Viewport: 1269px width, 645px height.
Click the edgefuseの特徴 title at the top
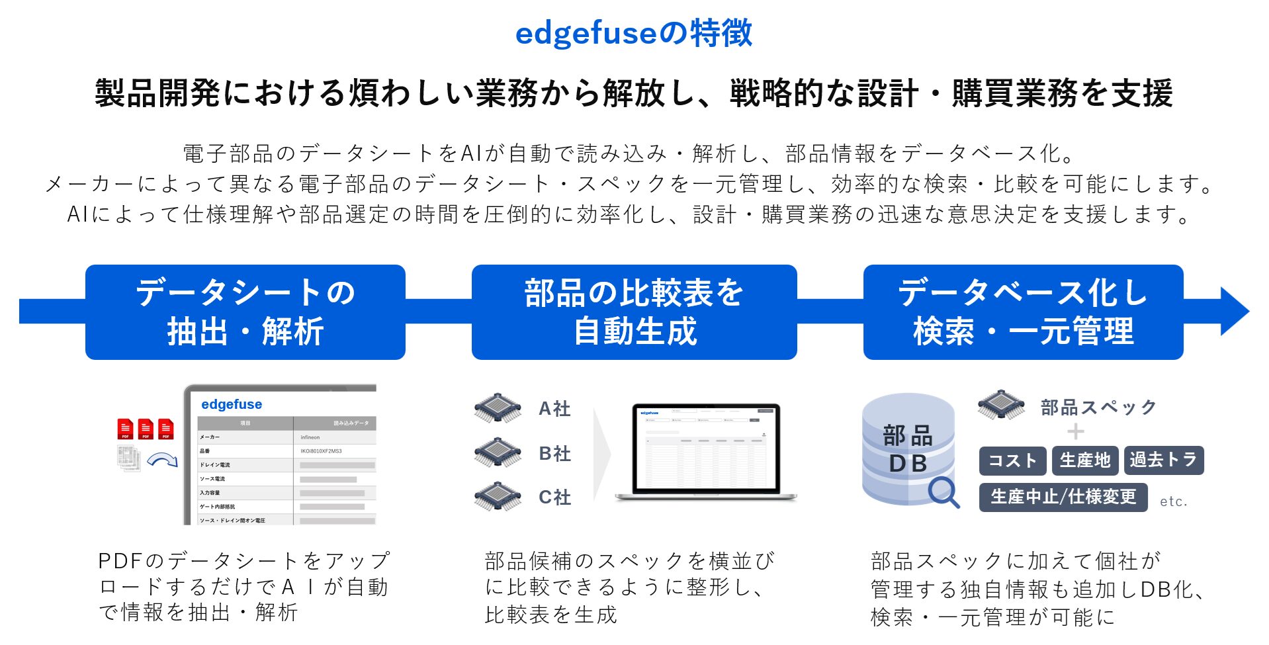[634, 33]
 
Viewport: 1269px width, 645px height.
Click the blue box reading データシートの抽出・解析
[245, 312]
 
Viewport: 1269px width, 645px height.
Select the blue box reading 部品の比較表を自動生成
[634, 312]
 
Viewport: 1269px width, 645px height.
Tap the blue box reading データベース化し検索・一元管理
[1023, 312]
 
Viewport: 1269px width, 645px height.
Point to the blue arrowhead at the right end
[1233, 311]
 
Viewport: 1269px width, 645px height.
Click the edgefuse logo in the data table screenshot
[232, 404]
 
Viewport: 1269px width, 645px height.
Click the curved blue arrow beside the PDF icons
[162, 459]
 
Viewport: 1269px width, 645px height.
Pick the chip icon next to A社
[498, 408]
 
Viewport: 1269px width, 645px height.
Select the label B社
[554, 454]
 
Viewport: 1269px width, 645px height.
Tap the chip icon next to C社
[498, 497]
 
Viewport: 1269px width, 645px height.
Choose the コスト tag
[1012, 460]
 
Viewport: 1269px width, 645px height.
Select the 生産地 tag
[1085, 460]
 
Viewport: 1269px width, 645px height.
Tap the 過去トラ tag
[1164, 460]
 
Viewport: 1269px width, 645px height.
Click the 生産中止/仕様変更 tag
[1063, 497]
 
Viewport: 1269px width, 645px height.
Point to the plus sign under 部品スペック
[1076, 432]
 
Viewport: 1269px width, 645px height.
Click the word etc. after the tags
[1174, 501]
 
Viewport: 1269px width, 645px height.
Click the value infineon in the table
[310, 437]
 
